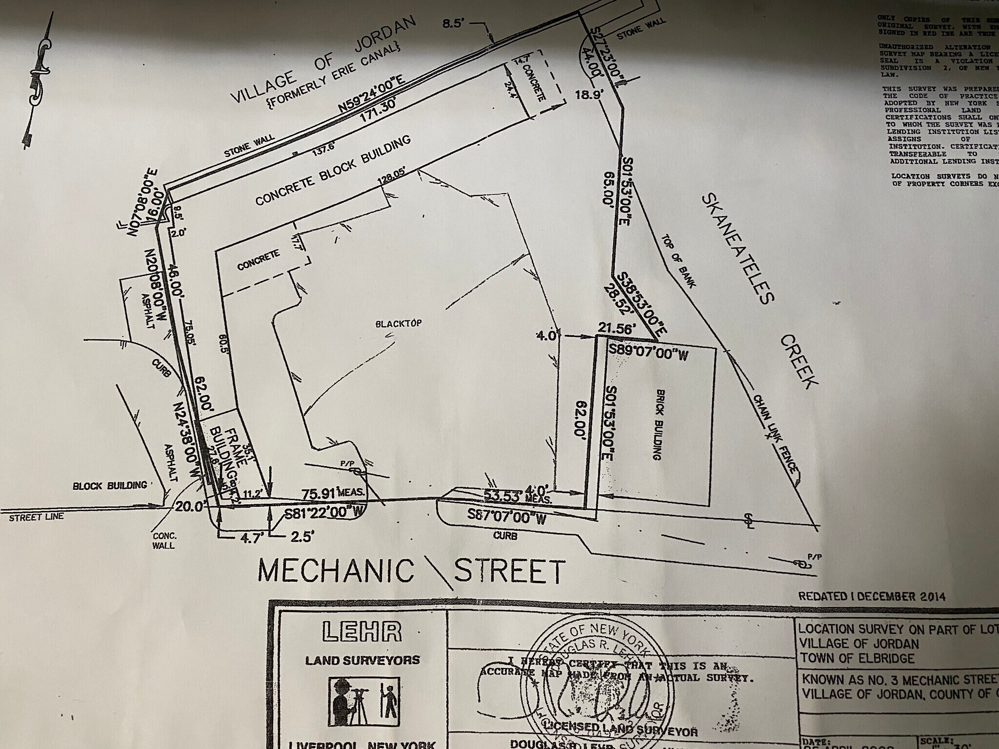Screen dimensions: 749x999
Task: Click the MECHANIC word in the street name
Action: click(336, 571)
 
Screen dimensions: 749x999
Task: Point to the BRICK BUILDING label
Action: click(658, 425)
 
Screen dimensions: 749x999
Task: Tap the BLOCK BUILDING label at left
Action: click(110, 486)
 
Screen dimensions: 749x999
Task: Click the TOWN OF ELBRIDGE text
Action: click(856, 658)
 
